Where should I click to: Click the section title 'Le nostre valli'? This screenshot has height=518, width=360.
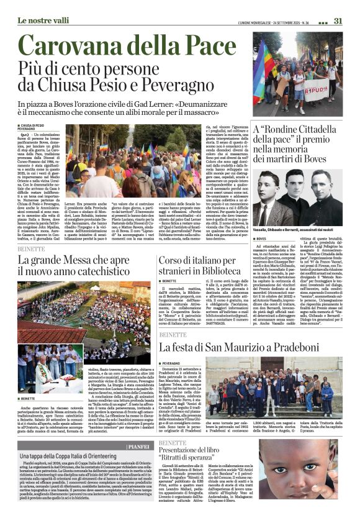tap(43, 20)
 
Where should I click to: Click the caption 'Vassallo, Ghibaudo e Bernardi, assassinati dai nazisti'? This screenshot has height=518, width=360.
tap(297, 230)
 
